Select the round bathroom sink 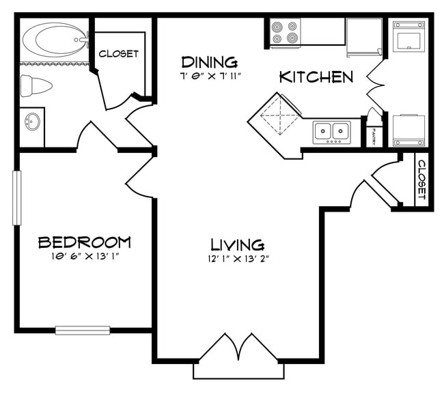[x=31, y=123]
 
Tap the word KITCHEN [x=316, y=77]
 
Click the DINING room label [x=210, y=62]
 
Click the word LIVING [x=237, y=244]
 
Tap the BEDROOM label [x=84, y=242]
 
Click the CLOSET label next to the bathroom [x=119, y=53]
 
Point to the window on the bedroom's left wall [x=17, y=197]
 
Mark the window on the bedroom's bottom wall [x=82, y=330]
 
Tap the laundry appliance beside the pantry [x=408, y=129]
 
